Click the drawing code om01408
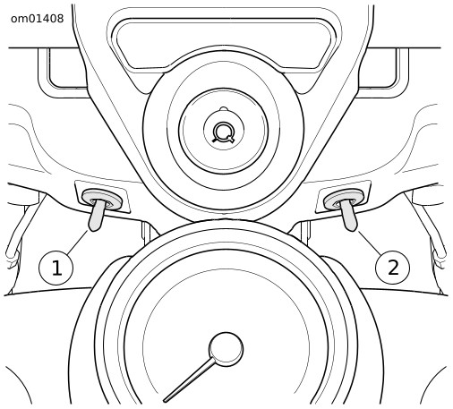(38, 19)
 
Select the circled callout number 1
(56, 268)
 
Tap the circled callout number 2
(392, 267)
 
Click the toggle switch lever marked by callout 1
(96, 215)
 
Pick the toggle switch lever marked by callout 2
(349, 215)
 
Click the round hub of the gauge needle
(226, 349)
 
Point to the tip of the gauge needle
(165, 401)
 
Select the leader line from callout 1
(78, 242)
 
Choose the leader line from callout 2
(370, 243)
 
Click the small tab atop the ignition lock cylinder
(224, 108)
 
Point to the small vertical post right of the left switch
(145, 231)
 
